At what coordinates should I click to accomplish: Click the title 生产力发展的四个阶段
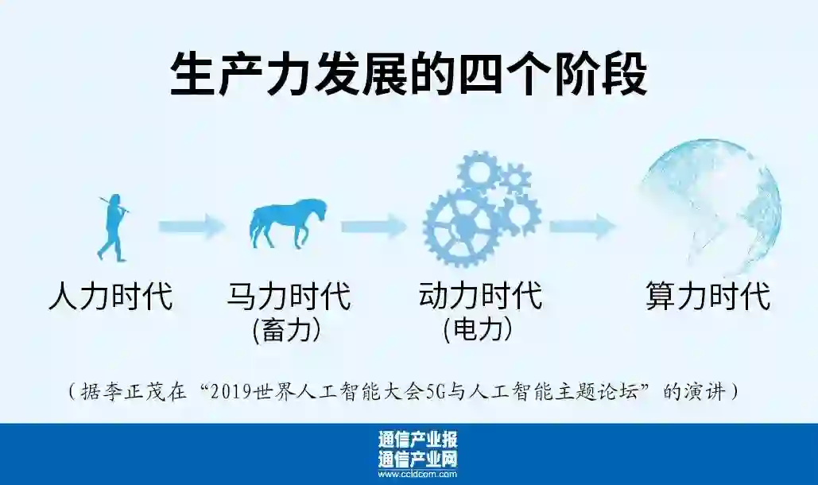coord(409,75)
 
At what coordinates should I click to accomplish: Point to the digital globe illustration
coord(710,209)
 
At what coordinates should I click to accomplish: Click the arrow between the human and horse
coord(191,227)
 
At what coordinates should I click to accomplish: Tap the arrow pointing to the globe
coord(582,227)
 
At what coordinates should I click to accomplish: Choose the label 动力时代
coord(480,296)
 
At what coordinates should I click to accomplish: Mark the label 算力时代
coord(708,296)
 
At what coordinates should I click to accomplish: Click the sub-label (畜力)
coord(287,329)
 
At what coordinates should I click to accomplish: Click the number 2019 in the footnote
coord(243,392)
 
